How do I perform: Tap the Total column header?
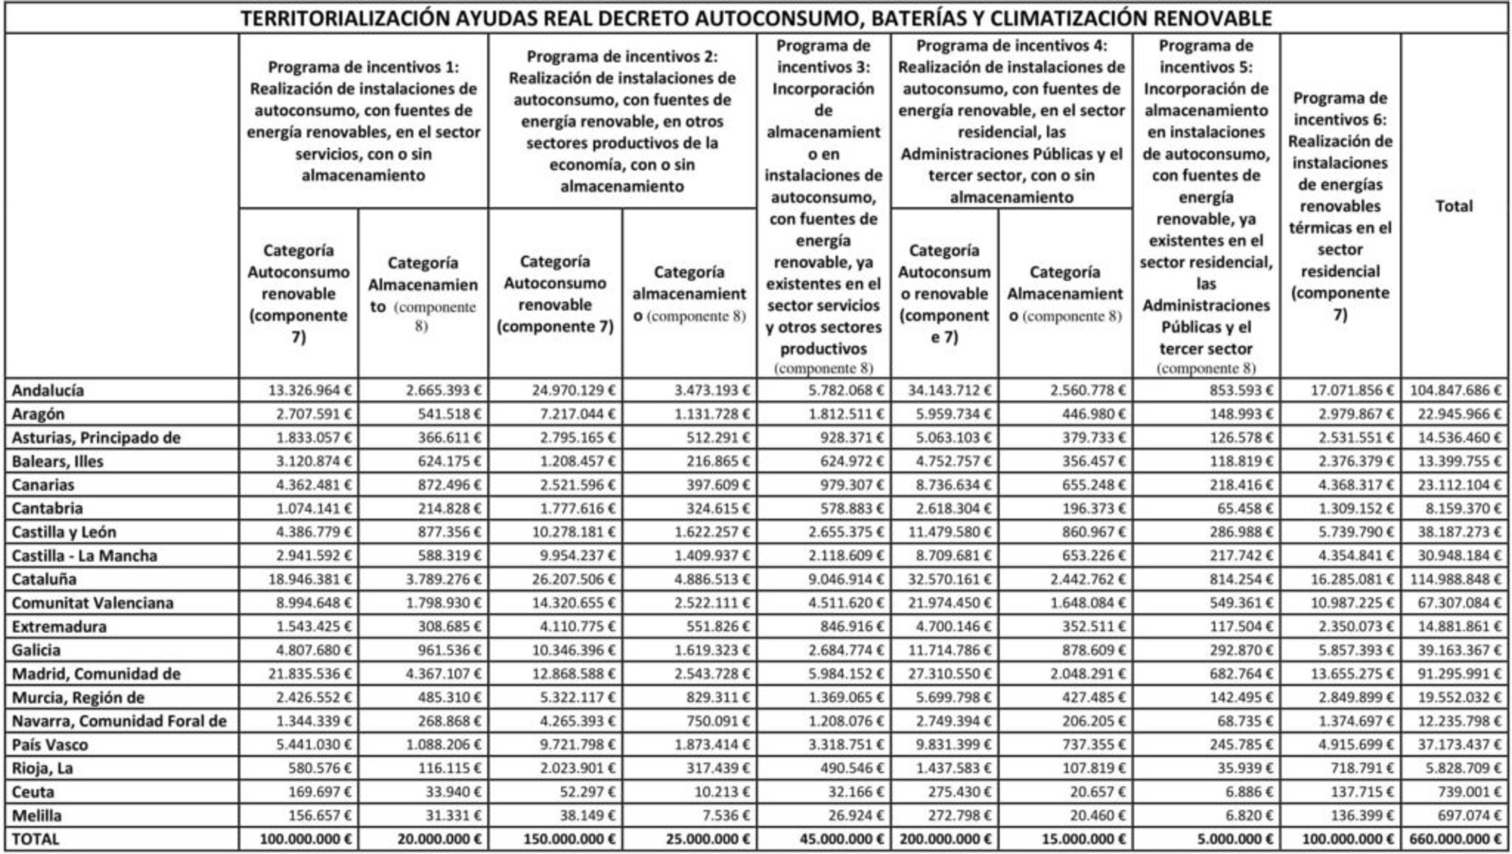click(x=1454, y=206)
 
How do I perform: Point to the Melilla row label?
click(x=36, y=816)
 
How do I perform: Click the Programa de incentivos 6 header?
click(x=1340, y=206)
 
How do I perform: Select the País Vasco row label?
click(x=50, y=745)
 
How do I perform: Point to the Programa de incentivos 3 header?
click(x=823, y=206)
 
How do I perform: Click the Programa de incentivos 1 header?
click(x=363, y=121)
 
